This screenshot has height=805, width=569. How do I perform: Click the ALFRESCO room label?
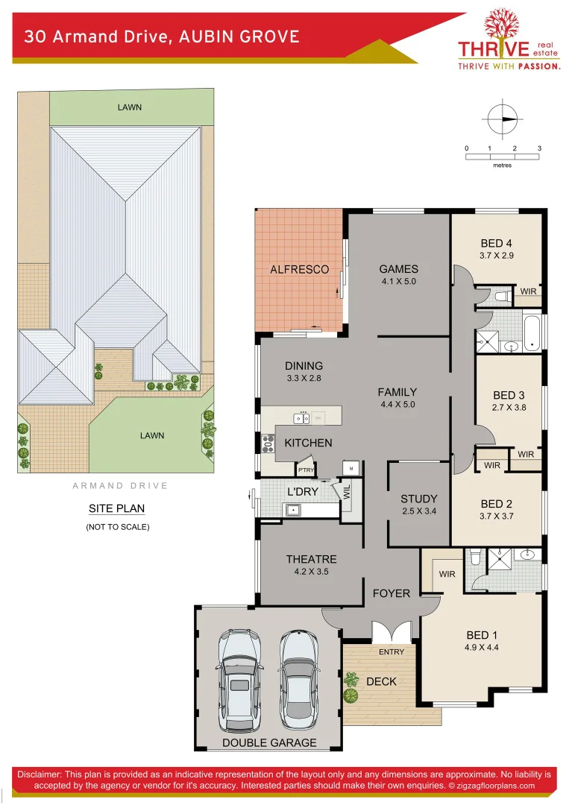pyautogui.click(x=299, y=269)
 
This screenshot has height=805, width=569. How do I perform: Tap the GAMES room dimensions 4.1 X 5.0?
pyautogui.click(x=398, y=282)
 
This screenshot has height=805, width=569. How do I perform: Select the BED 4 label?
pyautogui.click(x=497, y=243)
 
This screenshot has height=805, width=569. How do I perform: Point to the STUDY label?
pyautogui.click(x=418, y=499)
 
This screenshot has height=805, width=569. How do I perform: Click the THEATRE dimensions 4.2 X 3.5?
pyautogui.click(x=311, y=572)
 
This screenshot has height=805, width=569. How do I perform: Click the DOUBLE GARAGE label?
pyautogui.click(x=269, y=742)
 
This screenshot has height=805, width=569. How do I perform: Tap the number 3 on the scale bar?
pyautogui.click(x=538, y=148)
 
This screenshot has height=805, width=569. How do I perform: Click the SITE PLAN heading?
pyautogui.click(x=116, y=508)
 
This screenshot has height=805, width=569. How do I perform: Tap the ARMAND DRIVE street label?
pyautogui.click(x=120, y=486)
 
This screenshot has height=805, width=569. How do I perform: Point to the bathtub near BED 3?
pyautogui.click(x=531, y=333)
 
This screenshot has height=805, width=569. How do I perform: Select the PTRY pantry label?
pyautogui.click(x=306, y=470)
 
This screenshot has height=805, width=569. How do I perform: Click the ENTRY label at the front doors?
pyautogui.click(x=392, y=651)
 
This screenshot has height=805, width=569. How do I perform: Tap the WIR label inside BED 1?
pyautogui.click(x=447, y=574)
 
